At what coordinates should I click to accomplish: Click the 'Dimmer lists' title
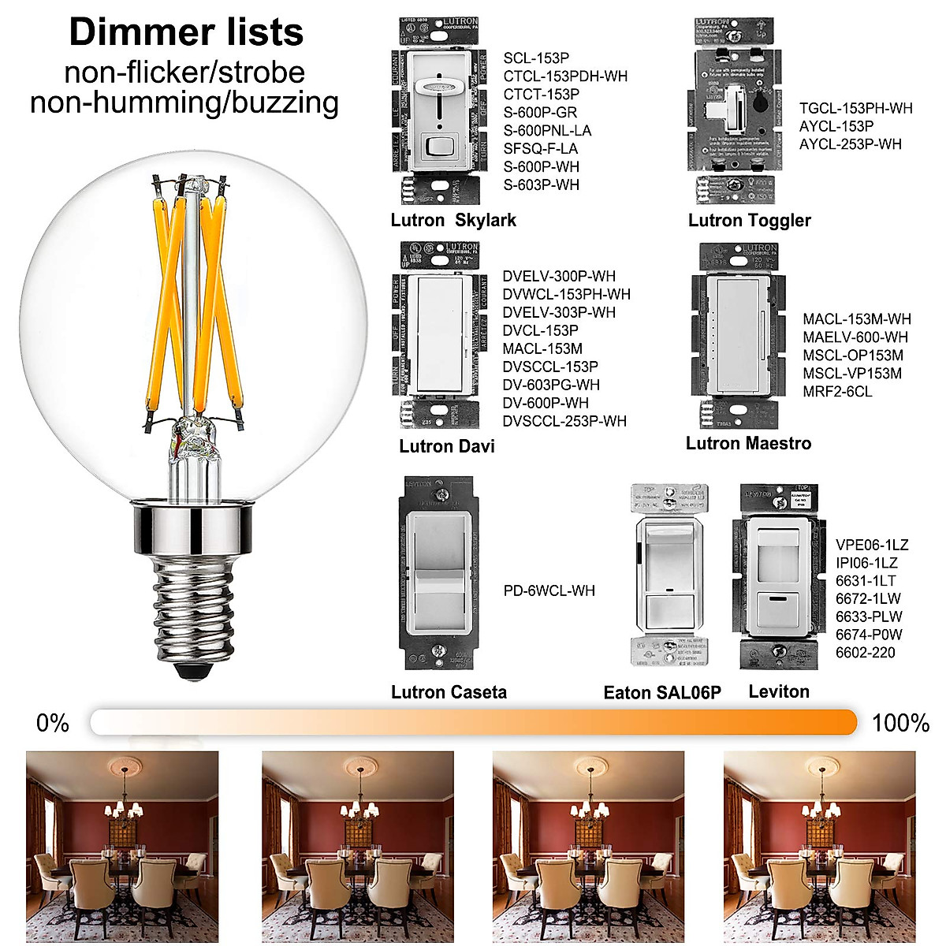[186, 32]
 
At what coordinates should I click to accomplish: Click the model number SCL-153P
[536, 58]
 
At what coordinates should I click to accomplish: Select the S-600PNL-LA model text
[547, 131]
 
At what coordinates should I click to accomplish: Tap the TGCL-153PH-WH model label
[855, 108]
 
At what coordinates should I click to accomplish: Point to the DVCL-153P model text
[540, 330]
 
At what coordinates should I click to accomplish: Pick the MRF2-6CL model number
[837, 392]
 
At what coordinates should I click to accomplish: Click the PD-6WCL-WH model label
[549, 590]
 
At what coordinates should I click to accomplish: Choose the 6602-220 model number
[866, 653]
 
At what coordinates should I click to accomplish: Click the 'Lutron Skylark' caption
[453, 220]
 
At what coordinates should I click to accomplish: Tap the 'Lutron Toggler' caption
[749, 221]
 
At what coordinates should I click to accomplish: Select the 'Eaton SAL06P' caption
[662, 693]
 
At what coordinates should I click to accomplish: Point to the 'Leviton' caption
[779, 691]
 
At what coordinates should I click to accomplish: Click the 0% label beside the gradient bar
[53, 723]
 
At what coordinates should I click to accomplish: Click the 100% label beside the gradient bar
[900, 723]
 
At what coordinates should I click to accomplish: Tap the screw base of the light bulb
[189, 607]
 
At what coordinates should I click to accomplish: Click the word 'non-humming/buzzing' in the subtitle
[184, 103]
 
